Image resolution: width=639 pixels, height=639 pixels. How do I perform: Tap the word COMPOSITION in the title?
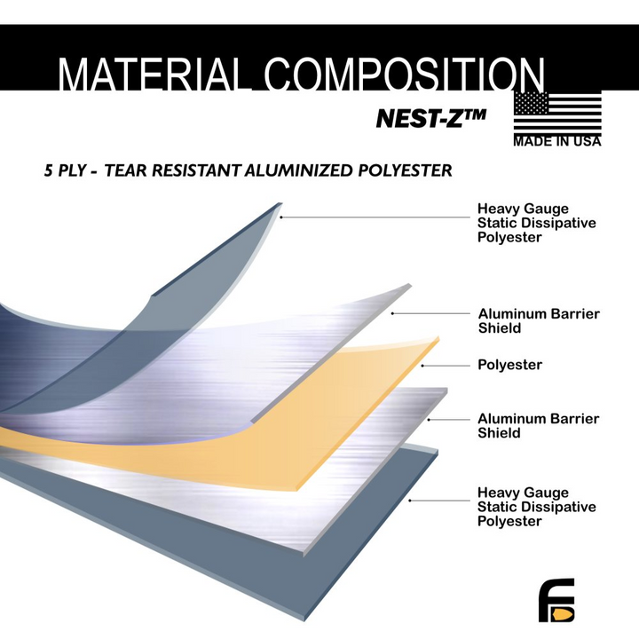pyautogui.click(x=404, y=76)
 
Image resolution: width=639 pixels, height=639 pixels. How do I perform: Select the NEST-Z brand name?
pyautogui.click(x=430, y=117)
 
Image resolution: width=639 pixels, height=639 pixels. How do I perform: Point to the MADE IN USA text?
pyautogui.click(x=557, y=141)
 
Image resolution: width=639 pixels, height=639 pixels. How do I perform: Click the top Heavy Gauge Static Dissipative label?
pyautogui.click(x=536, y=224)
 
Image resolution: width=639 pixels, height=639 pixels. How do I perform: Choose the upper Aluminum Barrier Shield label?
pyautogui.click(x=539, y=321)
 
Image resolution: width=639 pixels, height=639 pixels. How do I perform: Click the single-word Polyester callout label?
pyautogui.click(x=509, y=365)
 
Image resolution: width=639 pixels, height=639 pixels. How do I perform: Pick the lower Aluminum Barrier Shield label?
pyautogui.click(x=538, y=426)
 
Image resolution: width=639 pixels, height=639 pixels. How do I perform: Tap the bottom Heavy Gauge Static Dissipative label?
pyautogui.click(x=536, y=507)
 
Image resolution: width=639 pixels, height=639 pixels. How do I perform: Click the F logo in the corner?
pyautogui.click(x=556, y=600)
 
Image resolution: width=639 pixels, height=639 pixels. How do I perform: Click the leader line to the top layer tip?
pyautogui.click(x=373, y=217)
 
